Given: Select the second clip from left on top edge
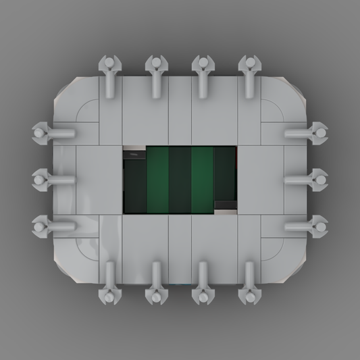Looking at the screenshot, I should coord(155,66).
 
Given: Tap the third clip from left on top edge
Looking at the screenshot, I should coord(202,66).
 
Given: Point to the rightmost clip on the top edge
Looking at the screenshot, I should coord(249,66).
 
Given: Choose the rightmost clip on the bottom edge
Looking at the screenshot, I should coord(249,294).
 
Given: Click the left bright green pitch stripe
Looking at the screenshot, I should coord(157,180).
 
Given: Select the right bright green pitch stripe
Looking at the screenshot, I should coord(202,180).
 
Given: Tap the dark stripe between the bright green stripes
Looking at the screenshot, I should coord(180,180).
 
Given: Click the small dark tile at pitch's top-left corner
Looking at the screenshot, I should coord(133,155).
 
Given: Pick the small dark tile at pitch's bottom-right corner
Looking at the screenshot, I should coord(225,205).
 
